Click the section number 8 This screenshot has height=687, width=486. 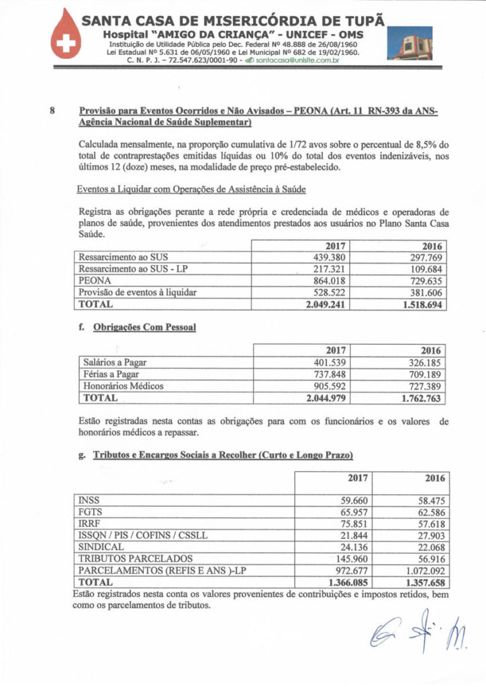pyautogui.click(x=53, y=112)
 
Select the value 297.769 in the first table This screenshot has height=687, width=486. pyautogui.click(x=424, y=257)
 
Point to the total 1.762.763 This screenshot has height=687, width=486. pyautogui.click(x=418, y=399)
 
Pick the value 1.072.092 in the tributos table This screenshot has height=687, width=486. pyautogui.click(x=420, y=570)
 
